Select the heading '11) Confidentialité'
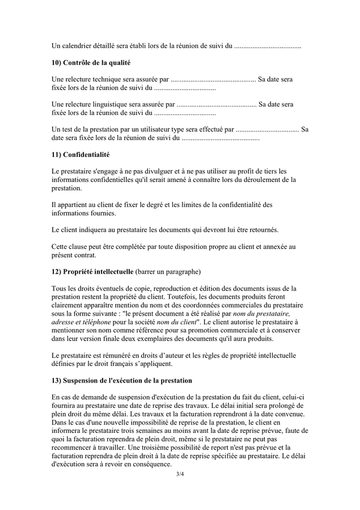click(81, 155)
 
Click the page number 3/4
click(180, 474)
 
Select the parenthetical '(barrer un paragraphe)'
click(168, 271)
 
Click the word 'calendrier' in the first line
click(79, 45)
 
